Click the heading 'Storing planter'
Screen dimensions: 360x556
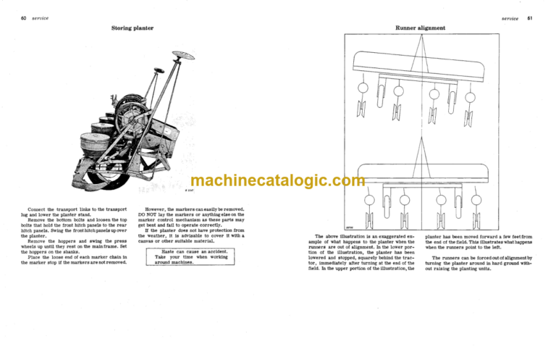132,28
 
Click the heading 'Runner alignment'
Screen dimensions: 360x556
420,28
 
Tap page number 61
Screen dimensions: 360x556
529,18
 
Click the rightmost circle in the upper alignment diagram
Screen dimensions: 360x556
470,96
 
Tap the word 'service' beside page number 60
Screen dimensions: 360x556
41,18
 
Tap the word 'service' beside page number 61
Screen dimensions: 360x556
510,18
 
